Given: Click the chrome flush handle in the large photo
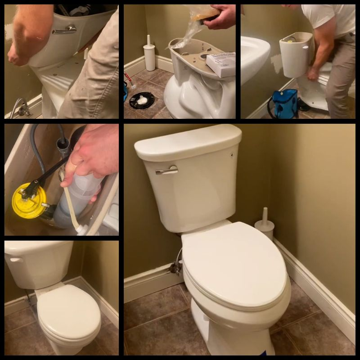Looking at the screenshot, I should (167, 170).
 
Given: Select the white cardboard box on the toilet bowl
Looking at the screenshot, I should (221, 64).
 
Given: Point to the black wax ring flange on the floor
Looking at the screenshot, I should (142, 99).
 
